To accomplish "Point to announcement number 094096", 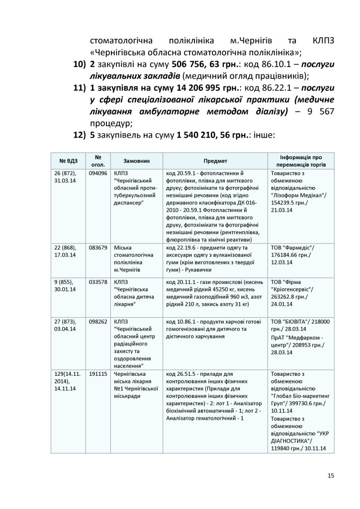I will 97,173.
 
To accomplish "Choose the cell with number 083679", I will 97,248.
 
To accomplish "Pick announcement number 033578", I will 97,281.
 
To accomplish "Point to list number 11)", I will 79,87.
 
